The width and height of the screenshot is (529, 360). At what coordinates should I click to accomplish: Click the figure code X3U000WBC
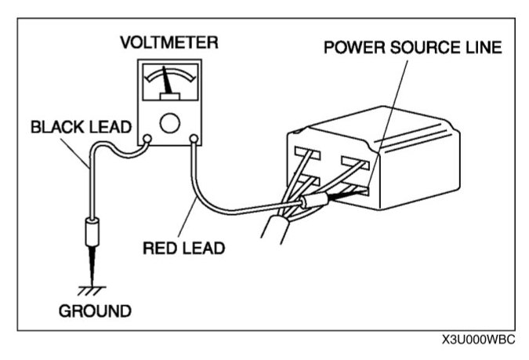pos(480,341)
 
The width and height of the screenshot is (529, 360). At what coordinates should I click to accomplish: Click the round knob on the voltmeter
pos(169,123)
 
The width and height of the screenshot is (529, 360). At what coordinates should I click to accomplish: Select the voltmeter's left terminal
pos(146,140)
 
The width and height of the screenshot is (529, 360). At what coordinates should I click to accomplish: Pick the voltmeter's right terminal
pos(194,140)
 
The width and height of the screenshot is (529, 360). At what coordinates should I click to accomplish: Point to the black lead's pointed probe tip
pos(93,267)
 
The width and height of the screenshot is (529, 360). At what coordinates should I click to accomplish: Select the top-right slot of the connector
pos(354,165)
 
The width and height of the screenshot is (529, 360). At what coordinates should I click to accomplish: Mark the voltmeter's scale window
pos(168,82)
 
